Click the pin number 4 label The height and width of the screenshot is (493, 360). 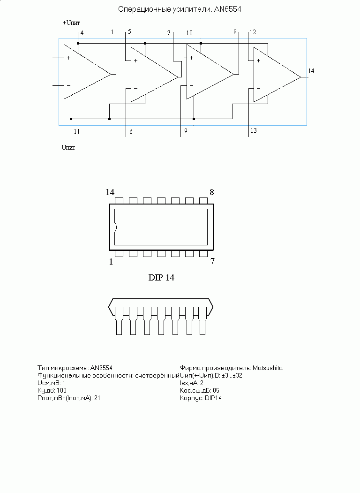click(82, 33)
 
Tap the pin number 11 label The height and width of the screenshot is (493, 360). click(77, 131)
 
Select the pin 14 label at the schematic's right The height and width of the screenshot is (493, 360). click(311, 71)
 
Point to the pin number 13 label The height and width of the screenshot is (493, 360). click(254, 130)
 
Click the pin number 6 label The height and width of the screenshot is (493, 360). click(131, 131)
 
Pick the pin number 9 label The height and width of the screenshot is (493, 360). click(186, 131)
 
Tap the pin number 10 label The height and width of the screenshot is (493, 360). click(189, 33)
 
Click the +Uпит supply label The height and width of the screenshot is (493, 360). click(71, 23)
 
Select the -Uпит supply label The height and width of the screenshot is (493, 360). click(67, 147)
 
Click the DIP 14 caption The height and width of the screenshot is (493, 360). click(161, 277)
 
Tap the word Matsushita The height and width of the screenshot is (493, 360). click(268, 368)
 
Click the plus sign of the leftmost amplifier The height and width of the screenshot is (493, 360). click(68, 58)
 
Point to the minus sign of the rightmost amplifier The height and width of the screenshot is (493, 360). click(258, 88)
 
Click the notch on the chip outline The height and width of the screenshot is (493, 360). click(116, 227)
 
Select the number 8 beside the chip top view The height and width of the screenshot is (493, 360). click(212, 192)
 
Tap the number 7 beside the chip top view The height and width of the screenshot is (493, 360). click(212, 261)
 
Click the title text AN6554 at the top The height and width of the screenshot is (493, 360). click(228, 9)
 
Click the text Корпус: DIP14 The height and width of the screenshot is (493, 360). click(201, 398)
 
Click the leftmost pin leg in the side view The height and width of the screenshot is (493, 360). click(119, 321)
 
